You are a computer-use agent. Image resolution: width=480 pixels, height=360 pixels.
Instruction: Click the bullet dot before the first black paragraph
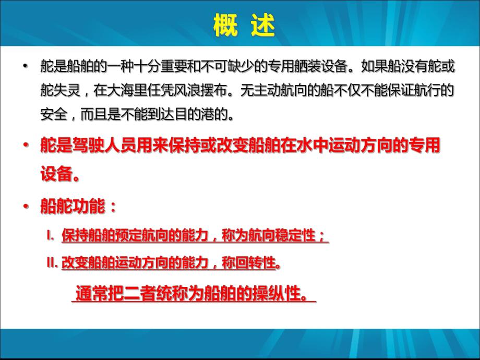pos(25,67)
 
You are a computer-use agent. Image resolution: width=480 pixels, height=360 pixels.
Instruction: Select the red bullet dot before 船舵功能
pos(25,207)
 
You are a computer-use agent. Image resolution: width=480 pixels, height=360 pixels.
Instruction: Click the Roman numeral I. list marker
pos(50,236)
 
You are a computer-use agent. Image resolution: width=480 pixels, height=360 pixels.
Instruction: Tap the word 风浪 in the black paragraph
pos(193,91)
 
